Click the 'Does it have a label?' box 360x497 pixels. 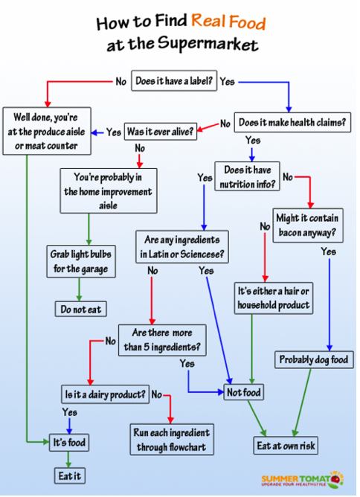[x=174, y=81]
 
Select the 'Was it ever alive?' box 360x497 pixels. [x=161, y=131]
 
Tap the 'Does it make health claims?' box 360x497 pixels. [x=292, y=122]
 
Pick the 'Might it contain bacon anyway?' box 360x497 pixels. [x=308, y=225]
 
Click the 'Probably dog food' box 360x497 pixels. [x=314, y=359]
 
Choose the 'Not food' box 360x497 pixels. [x=244, y=392]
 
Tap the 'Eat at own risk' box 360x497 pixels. [x=286, y=446]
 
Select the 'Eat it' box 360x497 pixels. [x=70, y=475]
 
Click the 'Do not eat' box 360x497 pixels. [x=81, y=309]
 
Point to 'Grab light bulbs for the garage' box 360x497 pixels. [x=81, y=261]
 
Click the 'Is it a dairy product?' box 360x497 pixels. [x=105, y=394]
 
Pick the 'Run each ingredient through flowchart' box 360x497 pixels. [x=172, y=440]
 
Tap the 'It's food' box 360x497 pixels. [x=69, y=443]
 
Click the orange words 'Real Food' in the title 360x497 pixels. [x=228, y=22]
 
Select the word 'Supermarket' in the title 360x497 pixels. [x=208, y=44]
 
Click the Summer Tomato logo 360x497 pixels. [x=303, y=480]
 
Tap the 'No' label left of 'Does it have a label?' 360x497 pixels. [x=121, y=81]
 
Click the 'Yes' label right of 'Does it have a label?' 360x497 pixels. [x=227, y=81]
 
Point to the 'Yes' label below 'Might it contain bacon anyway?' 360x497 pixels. [x=328, y=251]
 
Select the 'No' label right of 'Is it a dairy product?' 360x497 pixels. [x=156, y=394]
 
